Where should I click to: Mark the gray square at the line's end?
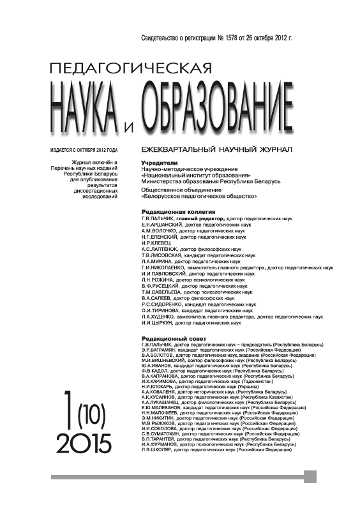(x=310, y=477)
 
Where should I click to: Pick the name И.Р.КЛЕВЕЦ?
(x=155, y=243)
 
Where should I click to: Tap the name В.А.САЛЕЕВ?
(x=156, y=297)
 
